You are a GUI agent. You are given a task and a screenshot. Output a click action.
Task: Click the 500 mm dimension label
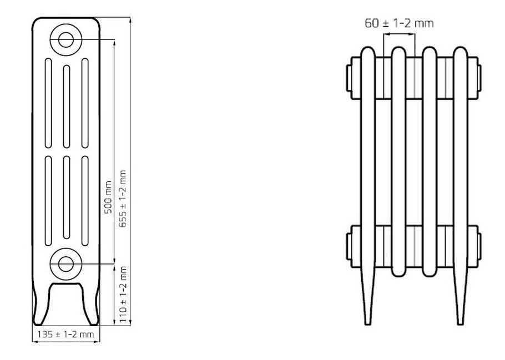(x=109, y=197)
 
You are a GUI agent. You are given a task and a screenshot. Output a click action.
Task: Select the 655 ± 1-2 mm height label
(x=123, y=199)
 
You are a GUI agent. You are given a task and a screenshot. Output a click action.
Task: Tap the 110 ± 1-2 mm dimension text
(x=123, y=295)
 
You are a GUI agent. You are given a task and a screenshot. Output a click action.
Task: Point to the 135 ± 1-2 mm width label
(x=65, y=334)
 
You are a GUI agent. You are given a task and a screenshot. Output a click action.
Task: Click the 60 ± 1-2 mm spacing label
(x=399, y=23)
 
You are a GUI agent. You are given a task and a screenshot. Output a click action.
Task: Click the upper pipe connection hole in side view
(x=66, y=39)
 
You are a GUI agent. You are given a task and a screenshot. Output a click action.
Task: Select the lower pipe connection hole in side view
(x=66, y=264)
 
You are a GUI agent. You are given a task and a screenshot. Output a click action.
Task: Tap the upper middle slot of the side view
(x=67, y=107)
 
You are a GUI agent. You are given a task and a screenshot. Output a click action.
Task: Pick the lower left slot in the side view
(x=48, y=201)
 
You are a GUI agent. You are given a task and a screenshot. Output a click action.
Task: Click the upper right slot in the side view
(x=85, y=103)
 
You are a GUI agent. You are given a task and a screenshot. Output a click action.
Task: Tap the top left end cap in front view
(x=349, y=78)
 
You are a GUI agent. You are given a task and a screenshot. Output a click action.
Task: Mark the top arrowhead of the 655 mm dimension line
(x=130, y=19)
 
